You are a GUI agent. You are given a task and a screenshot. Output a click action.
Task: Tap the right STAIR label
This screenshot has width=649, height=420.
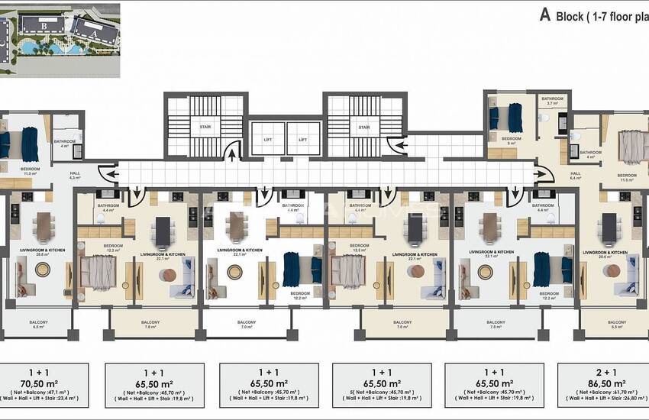(363, 128)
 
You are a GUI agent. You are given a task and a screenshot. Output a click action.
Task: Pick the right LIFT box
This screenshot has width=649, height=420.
(302, 140)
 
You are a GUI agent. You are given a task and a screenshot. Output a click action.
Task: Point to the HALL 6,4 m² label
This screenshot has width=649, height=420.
(576, 176)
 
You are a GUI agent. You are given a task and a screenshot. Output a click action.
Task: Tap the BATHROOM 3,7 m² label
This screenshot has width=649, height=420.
(553, 102)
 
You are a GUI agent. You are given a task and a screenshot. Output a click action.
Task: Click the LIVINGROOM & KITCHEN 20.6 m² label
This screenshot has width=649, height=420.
(605, 254)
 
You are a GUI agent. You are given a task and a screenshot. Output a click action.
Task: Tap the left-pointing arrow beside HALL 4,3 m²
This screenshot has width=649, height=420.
(110, 176)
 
